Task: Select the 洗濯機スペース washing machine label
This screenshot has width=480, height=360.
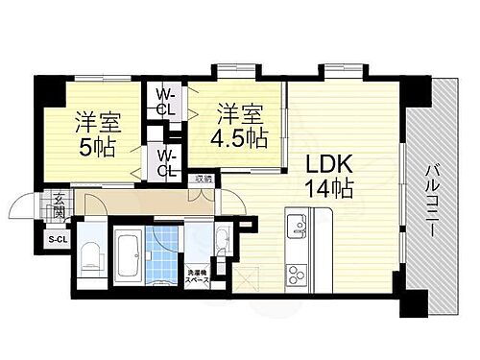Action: point(197,277)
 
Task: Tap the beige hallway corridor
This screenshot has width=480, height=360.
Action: point(144,204)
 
